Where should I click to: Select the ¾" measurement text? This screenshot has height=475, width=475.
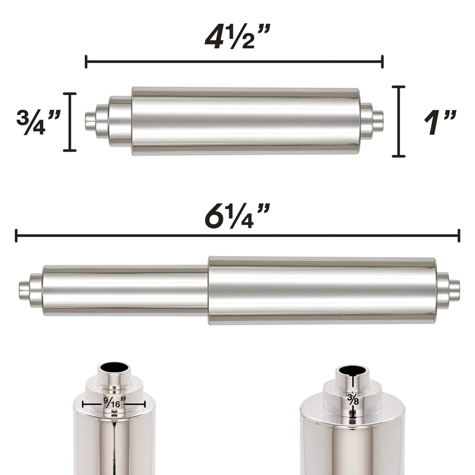tap(38, 122)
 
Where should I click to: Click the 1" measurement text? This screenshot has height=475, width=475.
tap(439, 122)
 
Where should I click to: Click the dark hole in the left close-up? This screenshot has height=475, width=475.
tap(114, 367)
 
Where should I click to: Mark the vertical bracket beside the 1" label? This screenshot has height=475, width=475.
tap(399, 121)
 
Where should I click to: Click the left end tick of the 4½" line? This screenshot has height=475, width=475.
tap(86, 62)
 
